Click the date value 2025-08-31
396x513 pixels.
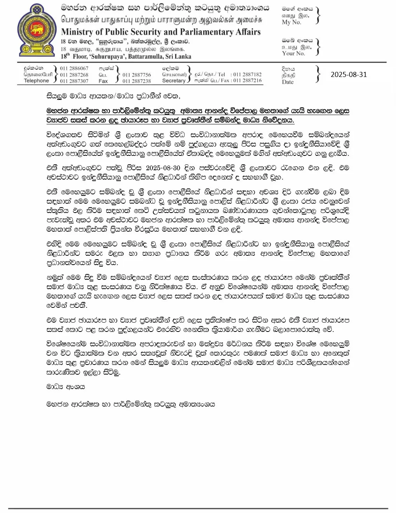pyautogui.click(x=348, y=74)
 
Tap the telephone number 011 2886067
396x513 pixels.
pyautogui.click(x=74, y=68)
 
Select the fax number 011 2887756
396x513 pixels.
pyautogui.click(x=137, y=75)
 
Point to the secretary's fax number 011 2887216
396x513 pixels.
pyautogui.click(x=247, y=80)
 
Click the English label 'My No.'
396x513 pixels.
pyautogui.click(x=291, y=22)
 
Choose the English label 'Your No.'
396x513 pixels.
pyautogui.click(x=293, y=53)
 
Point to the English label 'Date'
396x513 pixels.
pyautogui.click(x=288, y=82)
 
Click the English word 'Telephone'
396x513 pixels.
pyautogui.click(x=36, y=81)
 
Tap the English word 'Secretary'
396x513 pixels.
pyautogui.click(x=174, y=81)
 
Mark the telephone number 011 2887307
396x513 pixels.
pyautogui.click(x=74, y=81)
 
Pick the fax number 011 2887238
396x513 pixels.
pyautogui.click(x=137, y=81)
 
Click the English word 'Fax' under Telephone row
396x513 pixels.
pyautogui.click(x=103, y=81)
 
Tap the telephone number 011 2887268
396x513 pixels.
pyautogui.click(x=74, y=75)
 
